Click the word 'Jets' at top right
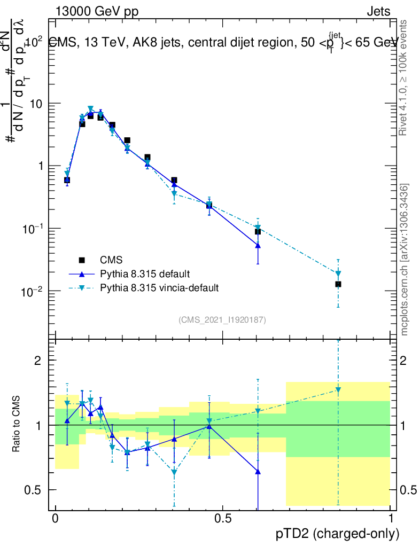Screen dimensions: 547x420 [x=378, y=12]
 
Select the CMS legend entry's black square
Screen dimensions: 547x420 [x=82, y=260]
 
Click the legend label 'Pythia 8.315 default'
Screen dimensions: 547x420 [x=145, y=274]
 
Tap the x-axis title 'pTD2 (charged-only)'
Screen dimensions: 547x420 [x=338, y=534]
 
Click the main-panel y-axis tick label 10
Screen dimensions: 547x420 [x=39, y=104]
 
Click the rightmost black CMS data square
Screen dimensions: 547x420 [x=338, y=284]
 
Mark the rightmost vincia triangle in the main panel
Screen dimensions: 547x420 [x=338, y=273]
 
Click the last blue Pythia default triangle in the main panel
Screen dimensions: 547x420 [x=258, y=246]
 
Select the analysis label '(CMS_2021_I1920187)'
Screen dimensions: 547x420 [x=222, y=319]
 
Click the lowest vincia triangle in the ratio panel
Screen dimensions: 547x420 [x=174, y=472]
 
